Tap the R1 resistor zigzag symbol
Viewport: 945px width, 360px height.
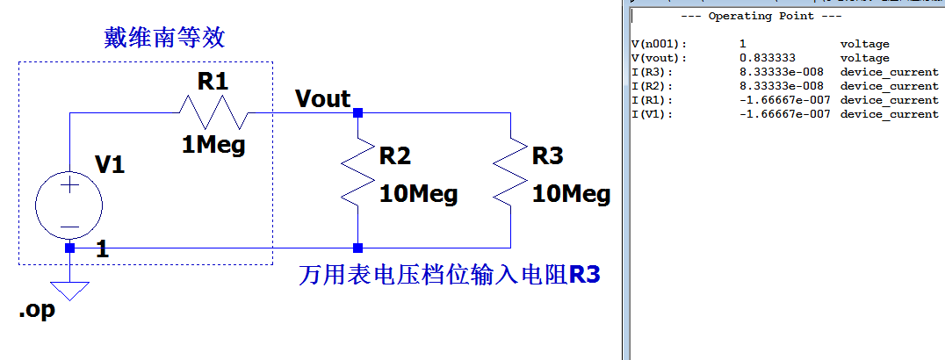(x=213, y=112)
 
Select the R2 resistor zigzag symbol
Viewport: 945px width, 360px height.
(x=357, y=172)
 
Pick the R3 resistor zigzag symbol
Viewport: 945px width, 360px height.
(x=510, y=172)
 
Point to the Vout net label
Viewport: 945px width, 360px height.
(x=322, y=98)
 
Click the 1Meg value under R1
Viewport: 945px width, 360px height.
(x=213, y=145)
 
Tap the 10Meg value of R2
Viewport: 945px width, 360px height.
(x=418, y=194)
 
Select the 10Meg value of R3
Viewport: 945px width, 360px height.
(x=571, y=194)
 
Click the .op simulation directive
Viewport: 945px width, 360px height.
(x=36, y=311)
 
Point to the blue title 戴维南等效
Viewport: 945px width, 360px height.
(x=165, y=38)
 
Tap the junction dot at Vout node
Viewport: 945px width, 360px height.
(x=357, y=112)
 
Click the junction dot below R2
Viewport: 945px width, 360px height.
(x=357, y=248)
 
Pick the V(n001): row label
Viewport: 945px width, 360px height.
(x=660, y=44)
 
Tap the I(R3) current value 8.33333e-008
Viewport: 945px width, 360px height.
(x=781, y=72)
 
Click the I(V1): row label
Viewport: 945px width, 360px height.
(x=653, y=114)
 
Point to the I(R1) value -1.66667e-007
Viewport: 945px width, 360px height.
(x=784, y=100)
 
